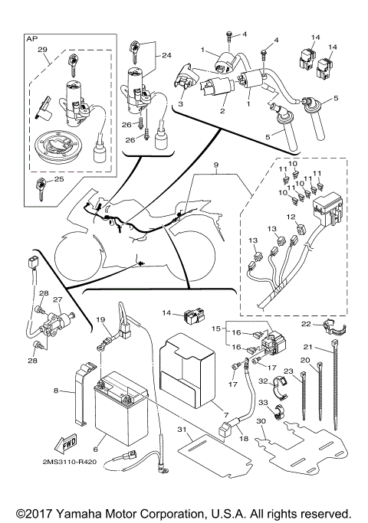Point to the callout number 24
(166, 55)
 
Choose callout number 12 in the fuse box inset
(291, 217)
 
